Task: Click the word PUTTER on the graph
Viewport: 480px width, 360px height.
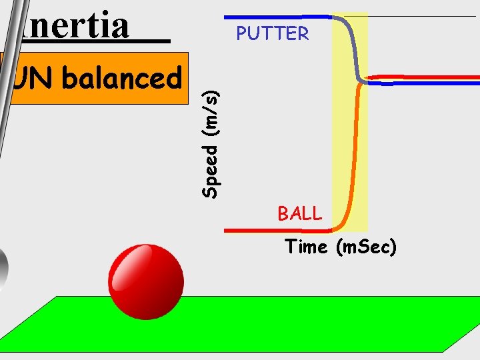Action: click(273, 34)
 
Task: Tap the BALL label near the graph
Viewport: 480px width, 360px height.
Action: click(299, 214)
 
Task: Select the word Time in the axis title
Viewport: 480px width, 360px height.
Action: click(306, 247)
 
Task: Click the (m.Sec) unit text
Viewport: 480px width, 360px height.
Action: click(367, 247)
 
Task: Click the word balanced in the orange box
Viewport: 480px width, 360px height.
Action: click(122, 79)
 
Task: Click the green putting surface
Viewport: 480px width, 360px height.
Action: click(267, 327)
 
